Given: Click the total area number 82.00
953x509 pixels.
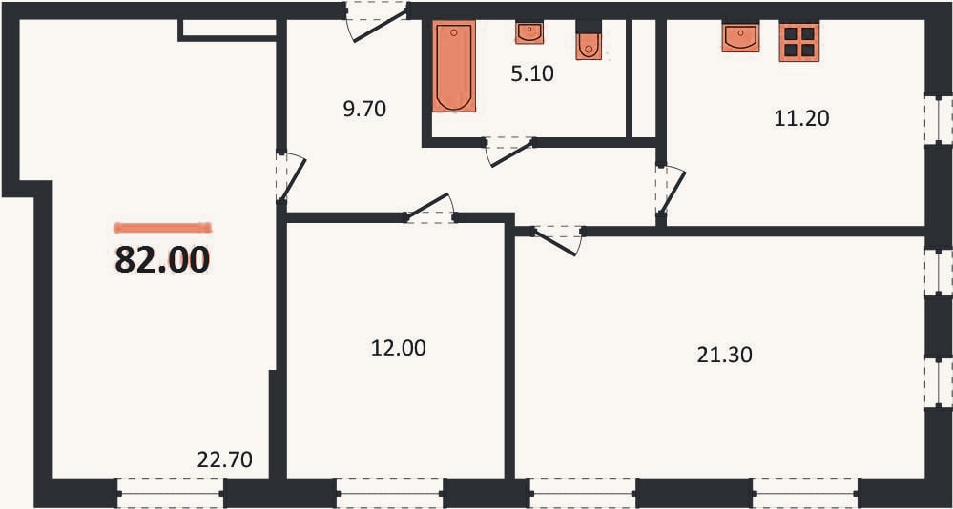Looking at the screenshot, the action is (162, 260).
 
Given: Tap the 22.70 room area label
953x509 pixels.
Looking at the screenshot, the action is (225, 459).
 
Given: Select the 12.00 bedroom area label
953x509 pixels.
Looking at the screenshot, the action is (398, 348).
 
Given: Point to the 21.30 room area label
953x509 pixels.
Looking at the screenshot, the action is (724, 355).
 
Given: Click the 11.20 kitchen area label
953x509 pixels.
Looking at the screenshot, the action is (801, 118).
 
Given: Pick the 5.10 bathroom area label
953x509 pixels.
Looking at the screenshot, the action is (532, 74).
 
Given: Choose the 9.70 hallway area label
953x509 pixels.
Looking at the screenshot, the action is (364, 110).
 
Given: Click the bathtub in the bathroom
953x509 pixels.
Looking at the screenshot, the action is (454, 66).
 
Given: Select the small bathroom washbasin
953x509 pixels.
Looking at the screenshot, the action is (529, 32).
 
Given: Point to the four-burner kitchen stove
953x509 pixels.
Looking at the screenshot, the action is (799, 42).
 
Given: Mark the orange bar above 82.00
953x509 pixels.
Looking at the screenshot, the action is (162, 228).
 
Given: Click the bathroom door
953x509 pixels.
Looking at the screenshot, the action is (510, 151).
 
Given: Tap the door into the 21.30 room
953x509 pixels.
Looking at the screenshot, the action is (557, 240).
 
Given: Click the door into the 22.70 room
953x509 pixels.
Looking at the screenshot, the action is (291, 176).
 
